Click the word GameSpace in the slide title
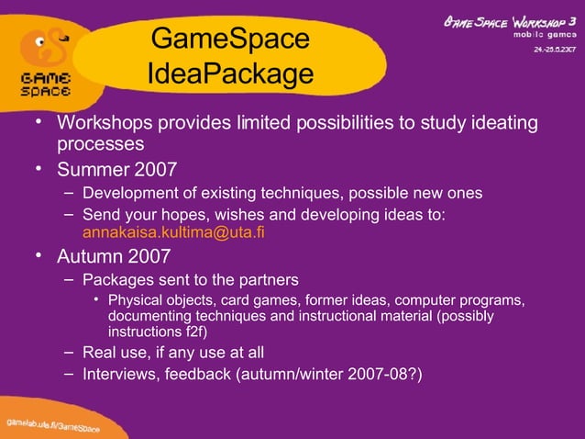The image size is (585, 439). tap(229, 39)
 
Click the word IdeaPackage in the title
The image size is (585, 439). tap(229, 73)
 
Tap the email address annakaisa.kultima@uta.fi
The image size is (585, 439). tap(173, 232)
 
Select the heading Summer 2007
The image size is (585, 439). tap(117, 170)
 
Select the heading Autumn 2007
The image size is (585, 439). tap(115, 255)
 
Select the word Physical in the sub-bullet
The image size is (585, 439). tap(134, 300)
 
